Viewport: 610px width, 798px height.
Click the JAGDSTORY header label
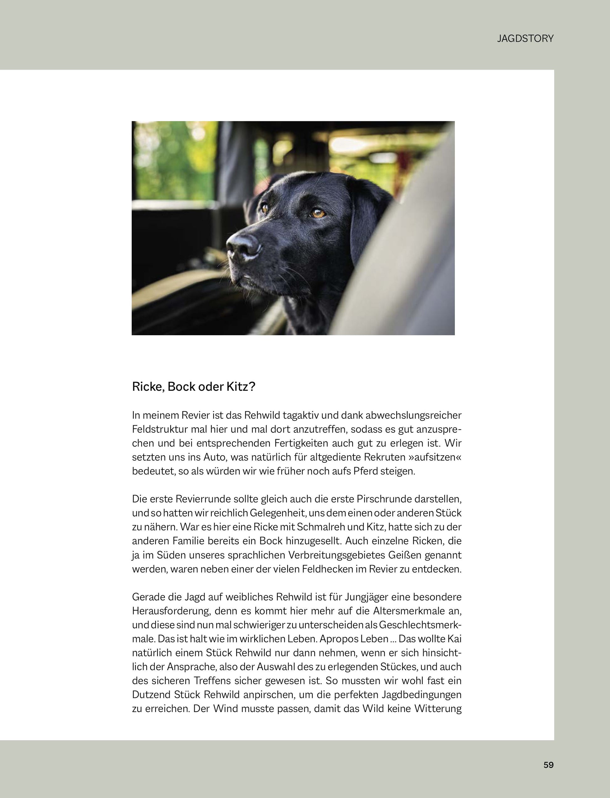point(525,39)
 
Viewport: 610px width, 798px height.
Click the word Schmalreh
point(317,527)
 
